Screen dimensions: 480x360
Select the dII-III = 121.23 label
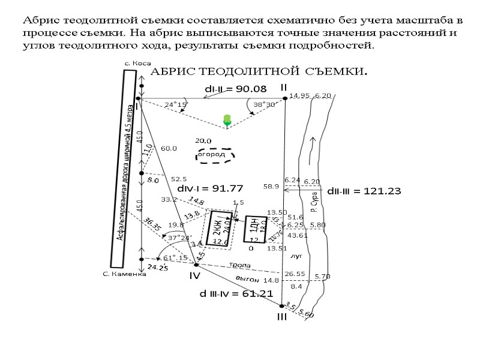click(x=364, y=191)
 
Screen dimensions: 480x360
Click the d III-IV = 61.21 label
click(x=236, y=294)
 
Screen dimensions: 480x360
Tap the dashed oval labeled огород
click(x=215, y=155)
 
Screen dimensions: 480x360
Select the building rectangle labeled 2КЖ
click(x=219, y=227)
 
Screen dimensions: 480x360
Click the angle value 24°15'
click(x=176, y=104)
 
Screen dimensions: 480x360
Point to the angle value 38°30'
click(x=264, y=104)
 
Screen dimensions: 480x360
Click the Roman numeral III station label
click(x=282, y=317)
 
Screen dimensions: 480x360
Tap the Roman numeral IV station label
click(x=194, y=276)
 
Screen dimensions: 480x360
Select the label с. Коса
click(x=137, y=63)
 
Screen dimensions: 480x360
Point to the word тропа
click(x=239, y=265)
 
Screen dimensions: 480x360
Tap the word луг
click(x=295, y=255)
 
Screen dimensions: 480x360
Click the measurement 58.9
click(x=271, y=187)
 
